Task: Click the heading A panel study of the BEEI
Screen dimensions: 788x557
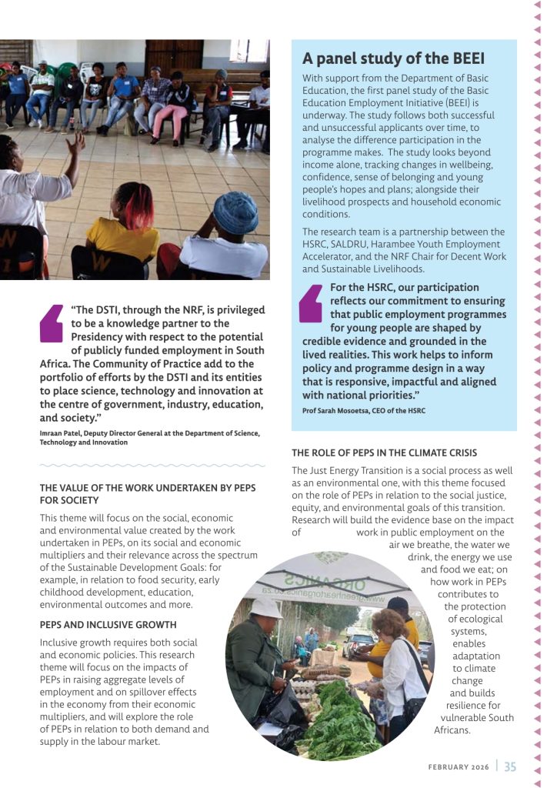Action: (x=393, y=58)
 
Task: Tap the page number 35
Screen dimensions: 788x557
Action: (x=511, y=766)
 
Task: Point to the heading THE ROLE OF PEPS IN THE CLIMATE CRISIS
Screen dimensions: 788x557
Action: (x=384, y=452)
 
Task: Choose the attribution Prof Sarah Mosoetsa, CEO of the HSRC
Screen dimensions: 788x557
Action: (x=363, y=411)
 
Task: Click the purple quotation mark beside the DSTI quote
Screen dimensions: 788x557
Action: (x=52, y=323)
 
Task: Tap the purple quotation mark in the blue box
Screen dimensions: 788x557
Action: (x=311, y=303)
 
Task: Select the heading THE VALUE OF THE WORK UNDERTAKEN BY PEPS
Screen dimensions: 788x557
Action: (x=147, y=488)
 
